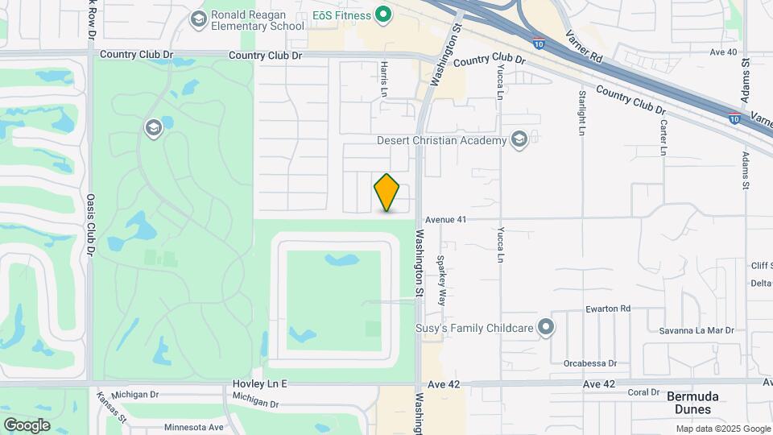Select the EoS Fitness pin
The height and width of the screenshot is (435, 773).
(384, 14)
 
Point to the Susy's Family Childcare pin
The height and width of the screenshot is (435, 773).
(547, 327)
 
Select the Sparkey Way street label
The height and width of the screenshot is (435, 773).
(441, 280)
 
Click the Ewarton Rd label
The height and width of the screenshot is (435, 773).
(608, 309)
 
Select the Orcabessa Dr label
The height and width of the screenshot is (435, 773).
(590, 363)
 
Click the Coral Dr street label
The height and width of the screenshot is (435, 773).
(643, 392)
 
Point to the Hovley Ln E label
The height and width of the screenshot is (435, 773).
(259, 384)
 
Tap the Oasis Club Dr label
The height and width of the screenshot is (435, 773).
(90, 226)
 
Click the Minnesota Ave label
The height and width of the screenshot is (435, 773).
(192, 427)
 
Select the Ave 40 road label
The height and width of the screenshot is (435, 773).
(723, 52)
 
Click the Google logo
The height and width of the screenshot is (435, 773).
(27, 425)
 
